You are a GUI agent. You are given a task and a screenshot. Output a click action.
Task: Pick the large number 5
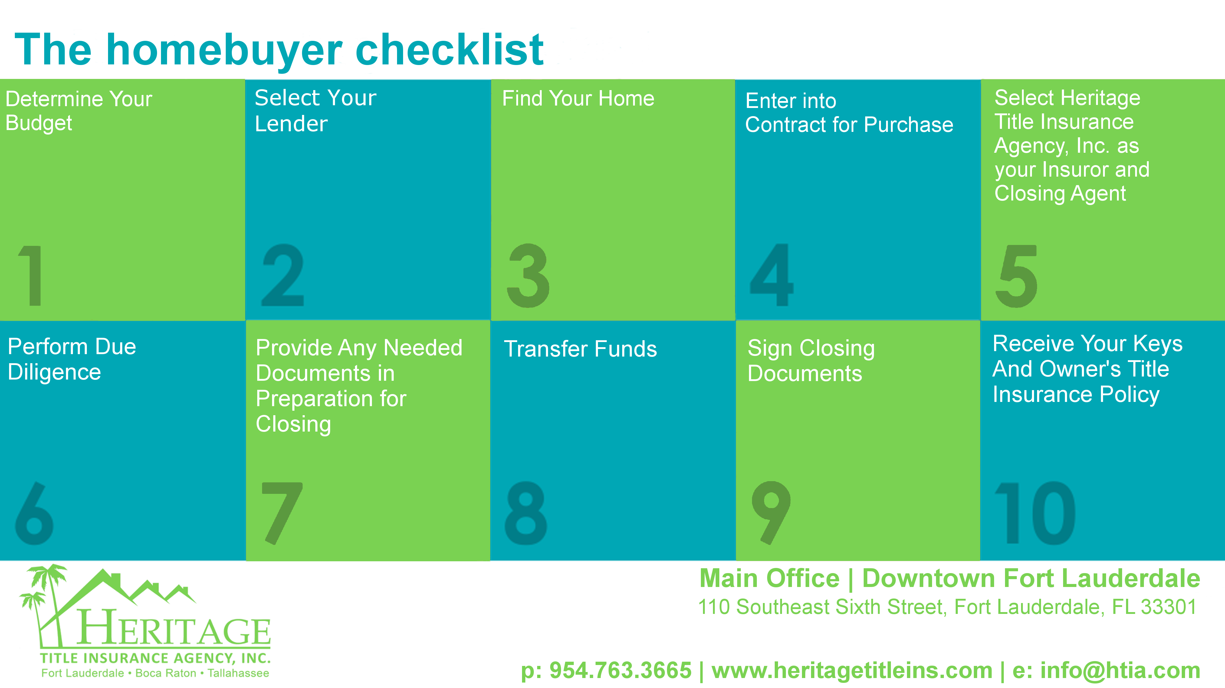tap(1016, 276)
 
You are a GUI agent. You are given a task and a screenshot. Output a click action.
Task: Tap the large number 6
tap(34, 513)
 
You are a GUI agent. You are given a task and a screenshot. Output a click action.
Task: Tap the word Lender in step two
tap(291, 124)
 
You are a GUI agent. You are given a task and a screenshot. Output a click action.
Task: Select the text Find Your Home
tap(578, 99)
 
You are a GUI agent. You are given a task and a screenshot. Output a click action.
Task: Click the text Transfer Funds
tap(580, 349)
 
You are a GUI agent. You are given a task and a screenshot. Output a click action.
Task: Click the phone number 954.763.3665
tap(620, 670)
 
